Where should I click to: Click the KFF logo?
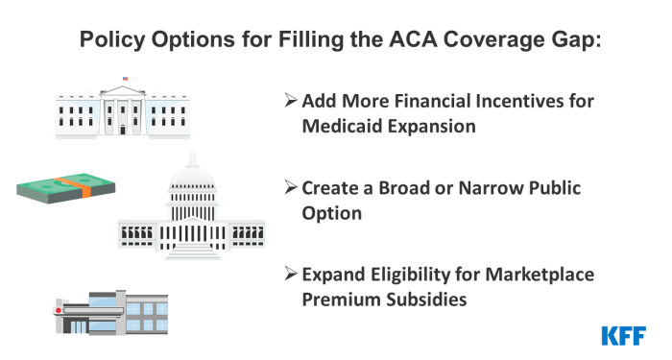coord(623,335)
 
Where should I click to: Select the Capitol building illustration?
coord(191,216)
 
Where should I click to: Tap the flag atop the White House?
coord(125,79)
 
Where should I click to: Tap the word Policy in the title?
coord(109,40)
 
